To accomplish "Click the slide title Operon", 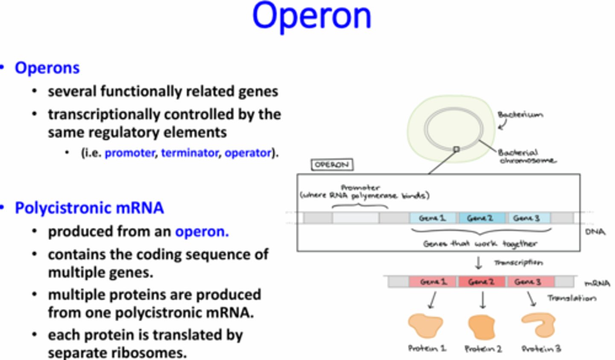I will (x=311, y=16).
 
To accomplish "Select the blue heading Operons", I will (x=47, y=68).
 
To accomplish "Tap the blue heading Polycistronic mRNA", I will (x=89, y=208).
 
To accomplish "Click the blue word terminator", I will (x=190, y=153).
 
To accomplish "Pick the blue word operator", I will (x=248, y=153).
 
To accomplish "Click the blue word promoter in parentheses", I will (x=130, y=153).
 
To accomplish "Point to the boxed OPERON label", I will (x=332, y=165).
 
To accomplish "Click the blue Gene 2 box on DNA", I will (x=480, y=218).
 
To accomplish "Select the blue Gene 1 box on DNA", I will (x=433, y=218).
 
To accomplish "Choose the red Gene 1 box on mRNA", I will (x=433, y=282).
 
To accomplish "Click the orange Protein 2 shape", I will (x=482, y=327).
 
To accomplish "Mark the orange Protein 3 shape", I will (x=539, y=325).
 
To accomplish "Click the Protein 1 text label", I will (x=427, y=348).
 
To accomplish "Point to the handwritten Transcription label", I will (x=518, y=263).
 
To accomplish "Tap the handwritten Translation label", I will (x=571, y=298).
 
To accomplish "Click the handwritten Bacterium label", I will (x=520, y=114).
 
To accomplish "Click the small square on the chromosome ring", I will (x=456, y=149).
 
